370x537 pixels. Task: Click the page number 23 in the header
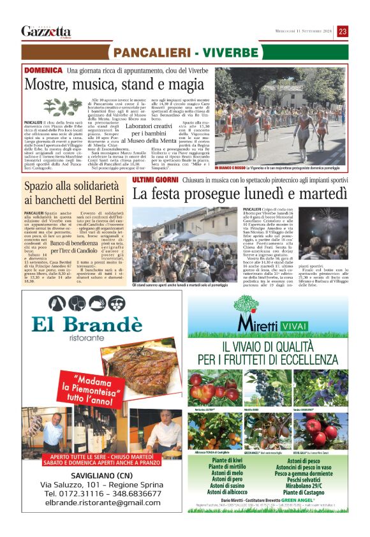click(343, 31)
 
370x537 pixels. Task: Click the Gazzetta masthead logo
click(46, 31)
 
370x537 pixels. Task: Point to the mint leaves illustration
click(63, 107)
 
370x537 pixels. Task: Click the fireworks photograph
click(324, 232)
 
